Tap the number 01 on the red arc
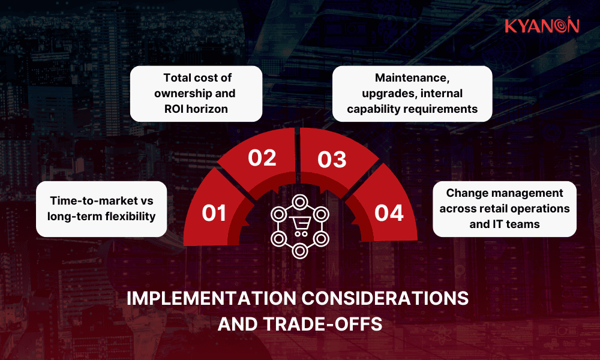(x=215, y=213)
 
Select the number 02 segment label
(x=262, y=158)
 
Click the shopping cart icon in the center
(x=299, y=226)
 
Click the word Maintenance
(x=412, y=78)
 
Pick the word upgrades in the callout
(x=383, y=94)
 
